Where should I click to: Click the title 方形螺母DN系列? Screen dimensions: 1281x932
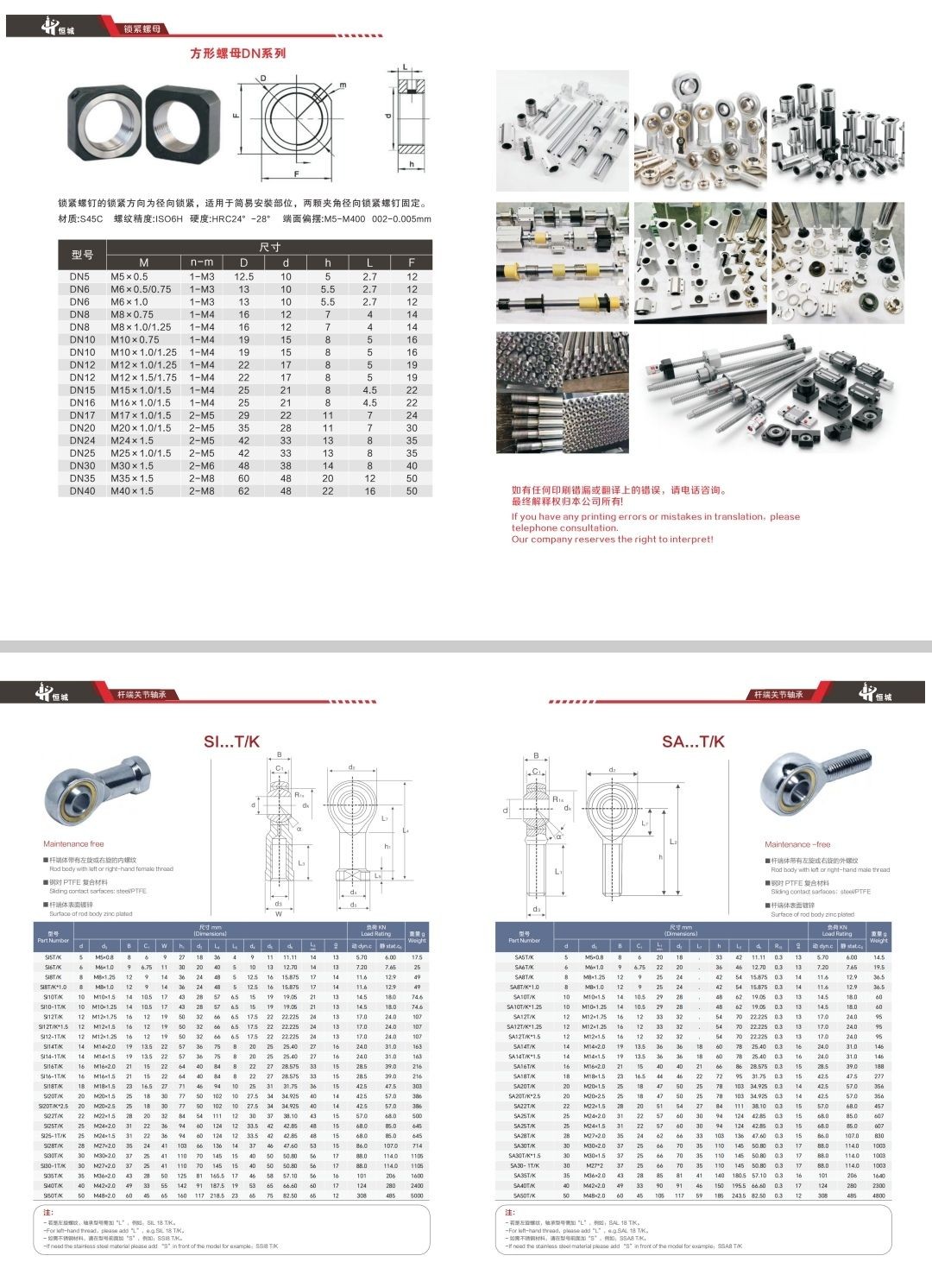(238, 54)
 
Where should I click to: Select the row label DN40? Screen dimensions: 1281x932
(82, 491)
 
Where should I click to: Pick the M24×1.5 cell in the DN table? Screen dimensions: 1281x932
(132, 440)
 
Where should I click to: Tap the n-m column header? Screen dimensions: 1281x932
(201, 262)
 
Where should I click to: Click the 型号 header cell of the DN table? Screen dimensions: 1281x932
(82, 255)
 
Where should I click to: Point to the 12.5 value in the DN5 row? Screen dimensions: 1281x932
(243, 277)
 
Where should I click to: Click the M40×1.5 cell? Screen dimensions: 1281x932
(132, 491)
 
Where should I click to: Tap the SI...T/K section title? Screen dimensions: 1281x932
(231, 741)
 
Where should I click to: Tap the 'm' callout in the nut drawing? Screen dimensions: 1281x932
(343, 85)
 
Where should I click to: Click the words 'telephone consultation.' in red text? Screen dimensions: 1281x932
(564, 528)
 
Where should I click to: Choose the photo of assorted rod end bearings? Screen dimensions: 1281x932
(700, 131)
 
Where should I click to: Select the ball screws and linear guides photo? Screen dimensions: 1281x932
(768, 393)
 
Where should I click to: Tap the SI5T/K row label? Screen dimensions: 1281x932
(54, 957)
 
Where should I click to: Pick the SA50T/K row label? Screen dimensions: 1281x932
(524, 1196)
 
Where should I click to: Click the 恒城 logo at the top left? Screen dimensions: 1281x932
(58, 27)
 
